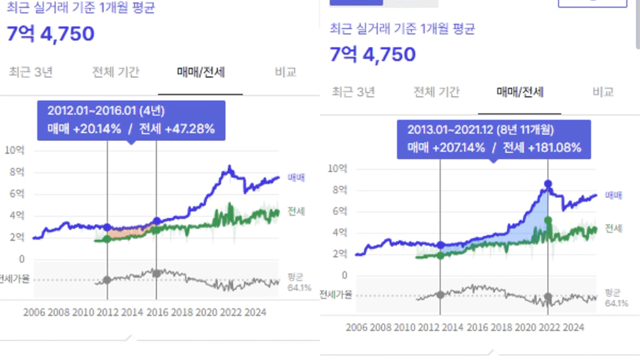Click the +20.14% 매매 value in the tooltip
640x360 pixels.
coord(89,129)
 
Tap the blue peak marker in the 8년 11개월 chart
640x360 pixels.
coord(548,183)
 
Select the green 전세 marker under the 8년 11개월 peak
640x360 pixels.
coord(548,220)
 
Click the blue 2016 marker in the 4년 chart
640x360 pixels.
coord(157,221)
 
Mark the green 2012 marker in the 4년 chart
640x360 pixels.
coord(107,239)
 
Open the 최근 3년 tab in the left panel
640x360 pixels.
coord(31,72)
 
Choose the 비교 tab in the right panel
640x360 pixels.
coord(603,92)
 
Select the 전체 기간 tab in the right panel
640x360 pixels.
coord(436,92)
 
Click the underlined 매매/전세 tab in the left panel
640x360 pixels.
coord(201,72)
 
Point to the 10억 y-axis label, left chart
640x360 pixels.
coord(14,150)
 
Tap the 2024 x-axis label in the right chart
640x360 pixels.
coord(573,327)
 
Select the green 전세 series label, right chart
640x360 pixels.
coord(614,228)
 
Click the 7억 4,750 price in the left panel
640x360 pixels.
coord(51,34)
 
